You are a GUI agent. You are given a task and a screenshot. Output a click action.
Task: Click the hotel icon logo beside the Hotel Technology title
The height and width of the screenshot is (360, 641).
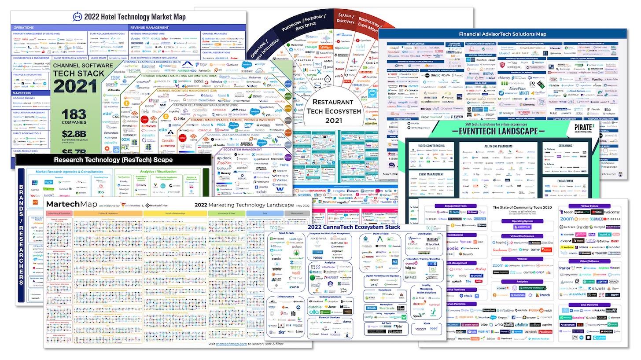(77, 17)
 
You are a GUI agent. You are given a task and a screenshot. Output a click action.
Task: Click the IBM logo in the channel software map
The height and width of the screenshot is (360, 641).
(116, 78)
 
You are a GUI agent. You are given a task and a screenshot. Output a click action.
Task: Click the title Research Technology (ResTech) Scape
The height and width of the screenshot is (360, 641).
(113, 160)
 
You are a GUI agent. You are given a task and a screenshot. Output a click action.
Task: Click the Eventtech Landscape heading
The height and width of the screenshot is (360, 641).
(495, 131)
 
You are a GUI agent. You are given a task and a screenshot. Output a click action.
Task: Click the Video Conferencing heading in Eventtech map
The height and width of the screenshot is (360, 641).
(431, 145)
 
